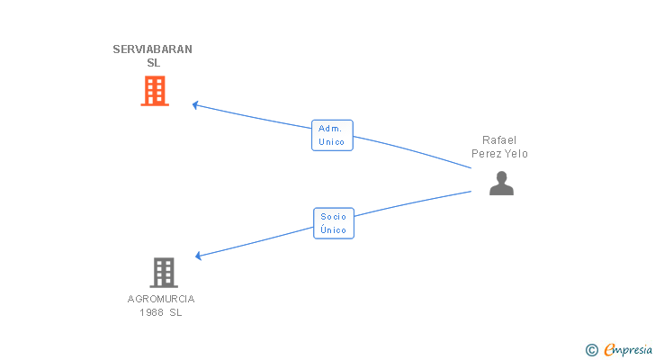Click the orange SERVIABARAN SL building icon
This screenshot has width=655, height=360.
(155, 90)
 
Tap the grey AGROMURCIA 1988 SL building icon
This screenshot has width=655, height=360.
(163, 272)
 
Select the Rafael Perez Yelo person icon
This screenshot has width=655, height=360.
(501, 184)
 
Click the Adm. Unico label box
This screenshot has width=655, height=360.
(332, 135)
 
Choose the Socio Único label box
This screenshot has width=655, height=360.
(334, 223)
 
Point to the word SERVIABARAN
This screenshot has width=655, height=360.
(153, 49)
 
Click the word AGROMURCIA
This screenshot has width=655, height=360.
(161, 299)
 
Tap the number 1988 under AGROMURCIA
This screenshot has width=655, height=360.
(150, 312)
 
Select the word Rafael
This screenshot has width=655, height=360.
(499, 139)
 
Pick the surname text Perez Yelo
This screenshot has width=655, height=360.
(499, 154)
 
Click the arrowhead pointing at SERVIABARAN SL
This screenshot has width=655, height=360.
(195, 104)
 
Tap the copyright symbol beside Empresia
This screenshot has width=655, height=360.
(592, 350)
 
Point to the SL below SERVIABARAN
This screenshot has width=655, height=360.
(153, 63)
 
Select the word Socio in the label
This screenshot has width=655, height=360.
(334, 217)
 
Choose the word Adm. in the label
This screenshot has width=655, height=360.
(330, 129)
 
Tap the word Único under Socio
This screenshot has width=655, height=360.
(334, 230)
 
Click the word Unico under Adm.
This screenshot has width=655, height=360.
(332, 142)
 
